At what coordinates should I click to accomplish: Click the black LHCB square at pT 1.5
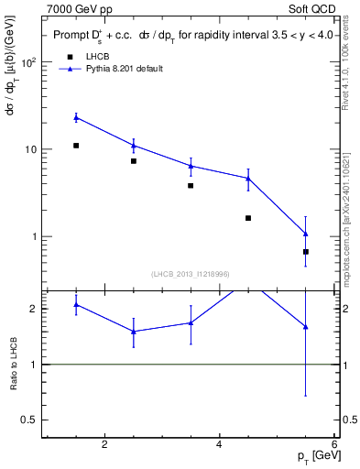point(76,146)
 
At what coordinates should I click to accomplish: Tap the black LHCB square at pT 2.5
point(134,161)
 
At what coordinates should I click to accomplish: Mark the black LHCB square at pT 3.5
point(191,186)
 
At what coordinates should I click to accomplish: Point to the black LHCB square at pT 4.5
point(248,218)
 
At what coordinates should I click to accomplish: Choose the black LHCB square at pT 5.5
point(305,252)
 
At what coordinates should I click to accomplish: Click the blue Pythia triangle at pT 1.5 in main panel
point(76,117)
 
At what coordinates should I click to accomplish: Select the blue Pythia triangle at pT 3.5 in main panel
point(191,166)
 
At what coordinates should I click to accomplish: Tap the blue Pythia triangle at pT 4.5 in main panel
point(248,179)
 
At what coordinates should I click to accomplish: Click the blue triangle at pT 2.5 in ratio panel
point(134,332)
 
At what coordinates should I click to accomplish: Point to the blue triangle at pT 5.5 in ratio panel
point(305,326)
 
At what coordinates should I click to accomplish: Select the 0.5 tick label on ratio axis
point(29,420)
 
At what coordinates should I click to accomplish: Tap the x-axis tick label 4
point(219,445)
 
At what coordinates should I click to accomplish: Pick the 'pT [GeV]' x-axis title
point(314,456)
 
